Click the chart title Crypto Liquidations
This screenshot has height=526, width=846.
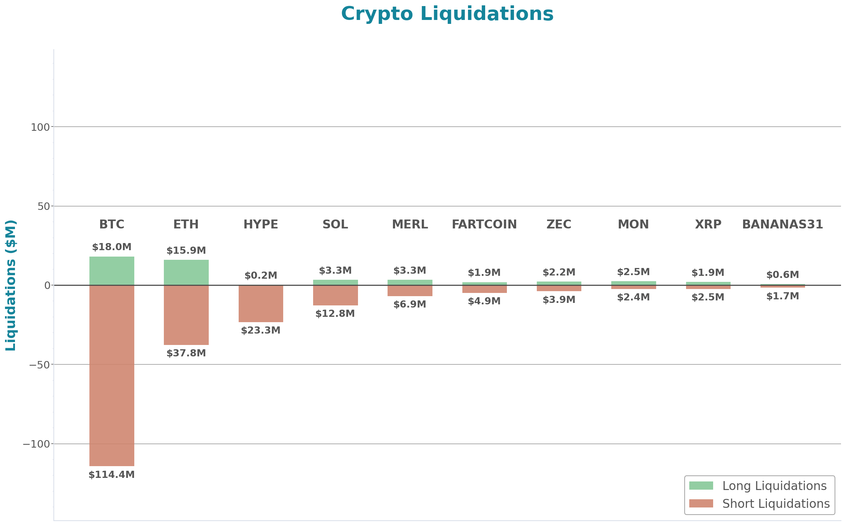tap(447, 14)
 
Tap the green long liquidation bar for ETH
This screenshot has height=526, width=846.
tap(186, 272)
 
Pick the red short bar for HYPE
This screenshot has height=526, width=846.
tap(261, 304)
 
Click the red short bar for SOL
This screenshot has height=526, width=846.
tap(335, 295)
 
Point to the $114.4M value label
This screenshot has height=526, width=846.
tap(111, 475)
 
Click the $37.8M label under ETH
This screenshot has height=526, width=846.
tap(186, 353)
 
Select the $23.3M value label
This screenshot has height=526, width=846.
tap(261, 330)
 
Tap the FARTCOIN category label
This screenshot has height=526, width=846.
tap(484, 225)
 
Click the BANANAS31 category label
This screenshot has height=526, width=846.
tap(782, 225)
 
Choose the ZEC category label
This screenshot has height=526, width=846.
tap(559, 225)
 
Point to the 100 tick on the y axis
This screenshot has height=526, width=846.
tap(40, 127)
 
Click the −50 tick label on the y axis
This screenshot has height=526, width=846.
tap(39, 365)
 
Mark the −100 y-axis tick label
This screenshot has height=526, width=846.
tap(36, 444)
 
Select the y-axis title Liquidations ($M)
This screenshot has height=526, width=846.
tap(11, 285)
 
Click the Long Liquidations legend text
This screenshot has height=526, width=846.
tap(774, 486)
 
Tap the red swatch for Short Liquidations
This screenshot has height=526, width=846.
tap(701, 503)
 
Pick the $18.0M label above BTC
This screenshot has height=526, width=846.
tap(111, 247)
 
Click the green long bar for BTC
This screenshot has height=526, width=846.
tap(111, 271)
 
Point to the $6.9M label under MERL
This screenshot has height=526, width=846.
tap(410, 304)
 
